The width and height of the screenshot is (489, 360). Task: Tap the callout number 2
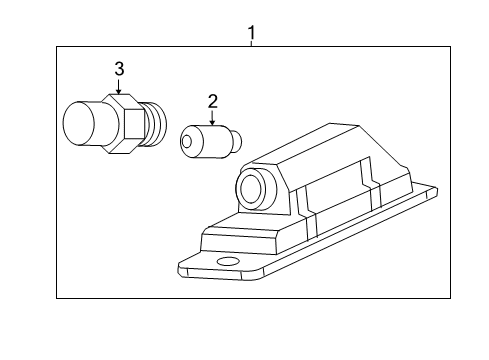pyautogui.click(x=212, y=100)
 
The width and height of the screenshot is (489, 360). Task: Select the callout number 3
pyautogui.click(x=119, y=68)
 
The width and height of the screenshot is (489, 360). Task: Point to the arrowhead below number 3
pyautogui.click(x=119, y=92)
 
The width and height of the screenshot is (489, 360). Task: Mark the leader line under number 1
pyautogui.click(x=251, y=43)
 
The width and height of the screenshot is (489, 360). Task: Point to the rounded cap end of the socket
pyautogui.click(x=79, y=124)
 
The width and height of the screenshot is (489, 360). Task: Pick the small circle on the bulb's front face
pyautogui.click(x=187, y=141)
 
